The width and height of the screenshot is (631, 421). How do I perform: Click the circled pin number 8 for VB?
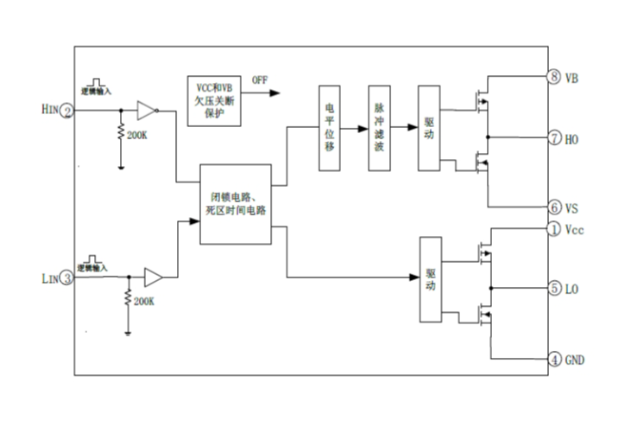coord(554,78)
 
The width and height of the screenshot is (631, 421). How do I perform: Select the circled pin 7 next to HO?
coord(554,137)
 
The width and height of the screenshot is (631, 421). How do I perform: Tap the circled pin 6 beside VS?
coord(554,207)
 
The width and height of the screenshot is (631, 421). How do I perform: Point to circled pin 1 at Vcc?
coord(554,229)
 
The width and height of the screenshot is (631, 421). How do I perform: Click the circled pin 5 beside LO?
coord(554,288)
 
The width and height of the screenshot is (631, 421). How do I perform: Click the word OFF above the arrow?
coord(260,80)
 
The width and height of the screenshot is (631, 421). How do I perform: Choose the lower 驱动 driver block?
coord(430,278)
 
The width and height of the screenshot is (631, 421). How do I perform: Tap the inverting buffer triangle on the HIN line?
coord(147,111)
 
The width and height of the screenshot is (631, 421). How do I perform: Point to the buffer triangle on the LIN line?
coord(153,277)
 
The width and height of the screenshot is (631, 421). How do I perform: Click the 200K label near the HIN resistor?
coord(136,136)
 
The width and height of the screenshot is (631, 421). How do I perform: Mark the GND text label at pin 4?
coord(576,359)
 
